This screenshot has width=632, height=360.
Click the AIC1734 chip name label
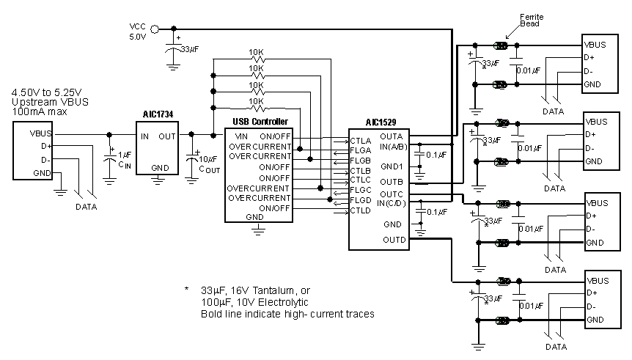tap(157, 115)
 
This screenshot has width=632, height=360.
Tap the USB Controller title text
tap(260, 122)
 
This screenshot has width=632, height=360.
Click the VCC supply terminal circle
tap(133, 29)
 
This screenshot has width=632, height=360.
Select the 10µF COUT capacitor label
tap(207, 163)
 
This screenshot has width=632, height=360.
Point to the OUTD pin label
tap(393, 240)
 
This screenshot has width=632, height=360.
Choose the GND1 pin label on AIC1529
tap(392, 166)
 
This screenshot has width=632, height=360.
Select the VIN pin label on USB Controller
tap(241, 136)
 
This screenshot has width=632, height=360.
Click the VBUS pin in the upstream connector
tap(41, 134)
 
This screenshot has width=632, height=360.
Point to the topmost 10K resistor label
tap(257, 53)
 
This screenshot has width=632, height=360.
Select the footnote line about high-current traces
tap(287, 314)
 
